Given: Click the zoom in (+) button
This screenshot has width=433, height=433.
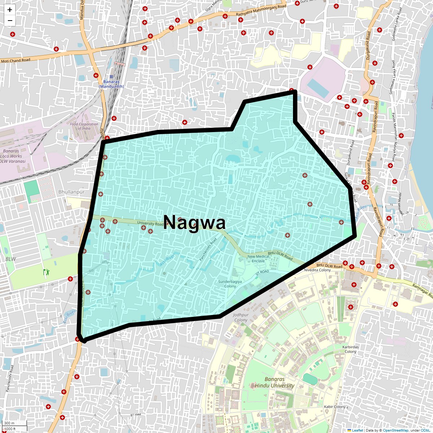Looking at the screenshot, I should (x=10, y=10).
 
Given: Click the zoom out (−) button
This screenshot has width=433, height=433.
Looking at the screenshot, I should (x=10, y=21).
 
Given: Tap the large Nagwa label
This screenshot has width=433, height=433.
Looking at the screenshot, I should (x=195, y=223).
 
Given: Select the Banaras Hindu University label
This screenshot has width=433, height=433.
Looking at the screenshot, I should (x=275, y=382).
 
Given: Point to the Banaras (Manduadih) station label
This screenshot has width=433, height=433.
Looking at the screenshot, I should (x=111, y=84).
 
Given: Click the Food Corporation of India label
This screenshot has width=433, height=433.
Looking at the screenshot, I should (x=84, y=126).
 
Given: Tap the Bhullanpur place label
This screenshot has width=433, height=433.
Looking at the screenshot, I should (x=71, y=192).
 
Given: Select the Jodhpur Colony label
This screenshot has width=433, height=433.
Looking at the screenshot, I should (x=241, y=317).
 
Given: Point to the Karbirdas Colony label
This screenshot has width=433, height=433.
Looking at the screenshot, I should (x=350, y=349).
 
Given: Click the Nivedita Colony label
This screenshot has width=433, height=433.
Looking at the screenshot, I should (x=318, y=270).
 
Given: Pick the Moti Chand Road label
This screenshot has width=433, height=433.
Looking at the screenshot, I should (x=16, y=60).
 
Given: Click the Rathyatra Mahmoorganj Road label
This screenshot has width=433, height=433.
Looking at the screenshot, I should (x=261, y=11).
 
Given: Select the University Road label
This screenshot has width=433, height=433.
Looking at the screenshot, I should (x=150, y=223).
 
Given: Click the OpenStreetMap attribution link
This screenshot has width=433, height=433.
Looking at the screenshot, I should (x=395, y=430).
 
